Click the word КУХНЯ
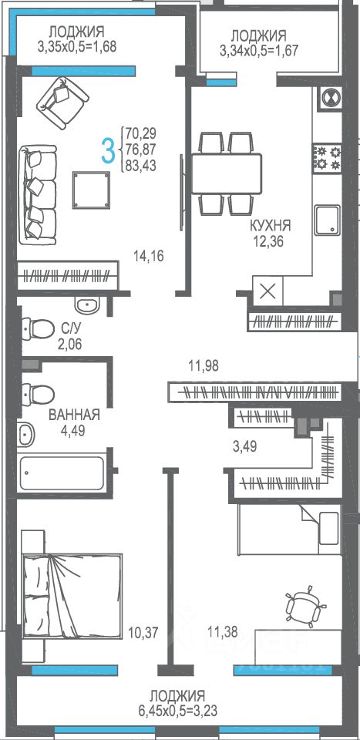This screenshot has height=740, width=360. [271, 225]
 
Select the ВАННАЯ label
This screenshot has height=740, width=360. [75, 415]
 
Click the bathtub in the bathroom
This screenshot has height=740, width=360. [62, 473]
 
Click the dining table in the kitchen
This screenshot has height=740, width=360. [226, 173]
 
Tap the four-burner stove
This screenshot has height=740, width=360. [328, 157]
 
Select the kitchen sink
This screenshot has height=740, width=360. [328, 220]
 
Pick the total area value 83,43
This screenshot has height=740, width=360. [141, 166]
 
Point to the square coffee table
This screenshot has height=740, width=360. [91, 190]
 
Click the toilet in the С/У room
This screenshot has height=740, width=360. [37, 328]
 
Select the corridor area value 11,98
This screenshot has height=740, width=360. [203, 365]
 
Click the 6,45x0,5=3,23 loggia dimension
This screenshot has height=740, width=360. [177, 711]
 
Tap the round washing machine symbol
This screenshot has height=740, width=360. [330, 98]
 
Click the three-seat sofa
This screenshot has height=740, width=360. [38, 194]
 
